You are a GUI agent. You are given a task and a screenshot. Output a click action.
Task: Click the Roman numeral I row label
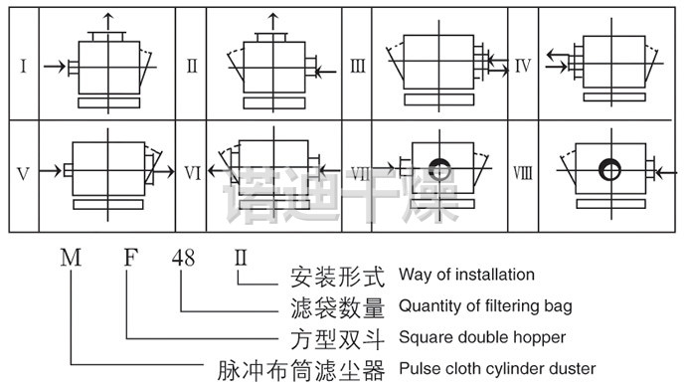(x=24, y=66)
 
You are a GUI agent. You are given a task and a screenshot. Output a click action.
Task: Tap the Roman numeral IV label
(x=523, y=66)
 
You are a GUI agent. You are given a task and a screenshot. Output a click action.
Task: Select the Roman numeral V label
(x=23, y=174)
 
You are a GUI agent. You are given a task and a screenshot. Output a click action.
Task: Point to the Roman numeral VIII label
(x=523, y=173)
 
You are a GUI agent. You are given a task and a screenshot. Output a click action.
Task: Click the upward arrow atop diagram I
(x=108, y=22)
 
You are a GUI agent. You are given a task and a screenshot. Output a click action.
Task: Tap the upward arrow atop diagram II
(x=273, y=22)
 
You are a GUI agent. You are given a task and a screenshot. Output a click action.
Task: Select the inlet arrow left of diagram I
(x=55, y=67)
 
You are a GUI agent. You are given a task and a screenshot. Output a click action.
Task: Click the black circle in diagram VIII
(x=609, y=169)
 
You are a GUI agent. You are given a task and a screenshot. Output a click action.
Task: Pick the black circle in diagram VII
(x=439, y=169)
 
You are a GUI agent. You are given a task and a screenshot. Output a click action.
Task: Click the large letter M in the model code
(x=71, y=258)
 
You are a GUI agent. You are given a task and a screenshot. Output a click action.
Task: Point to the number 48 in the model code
(x=183, y=258)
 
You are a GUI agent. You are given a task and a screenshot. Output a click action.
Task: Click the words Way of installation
(x=466, y=275)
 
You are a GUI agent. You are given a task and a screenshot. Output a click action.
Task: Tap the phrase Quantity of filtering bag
(x=485, y=306)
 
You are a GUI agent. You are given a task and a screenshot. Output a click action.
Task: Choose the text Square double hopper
(x=482, y=337)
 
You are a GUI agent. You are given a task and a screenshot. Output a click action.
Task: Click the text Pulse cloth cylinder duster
(x=497, y=369)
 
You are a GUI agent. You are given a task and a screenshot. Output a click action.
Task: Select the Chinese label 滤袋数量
(x=338, y=307)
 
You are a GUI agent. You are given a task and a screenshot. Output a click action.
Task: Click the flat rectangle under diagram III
(x=438, y=99)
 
